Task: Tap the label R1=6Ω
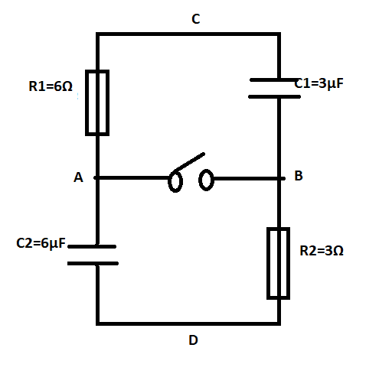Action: click(51, 86)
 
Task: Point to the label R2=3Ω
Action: click(322, 251)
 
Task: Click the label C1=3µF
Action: click(319, 83)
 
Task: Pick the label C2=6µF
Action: click(41, 243)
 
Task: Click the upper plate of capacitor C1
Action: click(273, 80)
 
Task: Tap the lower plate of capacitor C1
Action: click(274, 97)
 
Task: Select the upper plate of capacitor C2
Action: click(92, 246)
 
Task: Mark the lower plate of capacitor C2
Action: click(93, 263)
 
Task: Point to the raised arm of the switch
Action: click(189, 162)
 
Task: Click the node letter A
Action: click(78, 177)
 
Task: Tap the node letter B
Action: click(299, 176)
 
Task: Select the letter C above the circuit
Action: click(196, 19)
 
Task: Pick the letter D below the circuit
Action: click(193, 340)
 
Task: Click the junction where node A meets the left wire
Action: click(97, 177)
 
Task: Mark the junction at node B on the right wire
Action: click(279, 178)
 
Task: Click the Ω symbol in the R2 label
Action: click(338, 251)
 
